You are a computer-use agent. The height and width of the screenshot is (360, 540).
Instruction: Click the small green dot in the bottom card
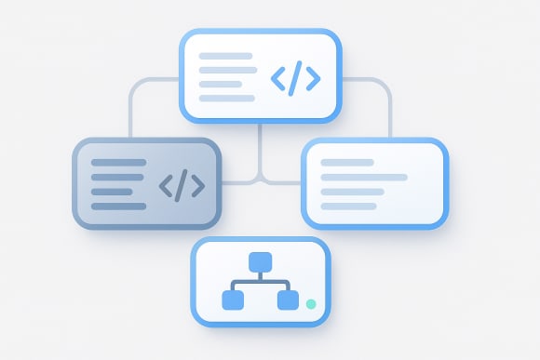click(311, 304)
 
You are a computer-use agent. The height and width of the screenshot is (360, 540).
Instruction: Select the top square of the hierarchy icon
click(260, 260)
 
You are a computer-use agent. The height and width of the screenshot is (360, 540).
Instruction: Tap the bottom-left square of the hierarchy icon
click(233, 300)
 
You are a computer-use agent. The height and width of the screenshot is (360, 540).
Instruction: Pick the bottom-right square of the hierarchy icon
click(288, 300)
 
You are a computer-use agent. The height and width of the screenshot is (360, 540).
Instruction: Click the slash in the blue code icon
click(295, 79)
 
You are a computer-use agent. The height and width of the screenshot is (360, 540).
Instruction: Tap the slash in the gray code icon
click(182, 184)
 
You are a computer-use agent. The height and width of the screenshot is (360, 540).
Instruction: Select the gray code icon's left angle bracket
click(166, 185)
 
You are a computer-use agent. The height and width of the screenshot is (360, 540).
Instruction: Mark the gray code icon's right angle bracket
click(198, 185)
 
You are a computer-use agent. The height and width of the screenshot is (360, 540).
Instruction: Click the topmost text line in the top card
click(225, 56)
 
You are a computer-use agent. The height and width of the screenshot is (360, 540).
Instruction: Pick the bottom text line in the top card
click(226, 98)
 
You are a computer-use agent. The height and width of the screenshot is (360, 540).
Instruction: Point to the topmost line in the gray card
click(118, 162)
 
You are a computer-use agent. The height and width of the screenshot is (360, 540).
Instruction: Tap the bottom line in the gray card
click(118, 206)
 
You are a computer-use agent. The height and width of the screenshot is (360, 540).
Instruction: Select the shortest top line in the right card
click(346, 162)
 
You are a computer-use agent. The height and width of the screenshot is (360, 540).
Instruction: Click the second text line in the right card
click(363, 177)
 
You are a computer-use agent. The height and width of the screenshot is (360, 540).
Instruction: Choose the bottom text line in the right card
click(348, 206)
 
